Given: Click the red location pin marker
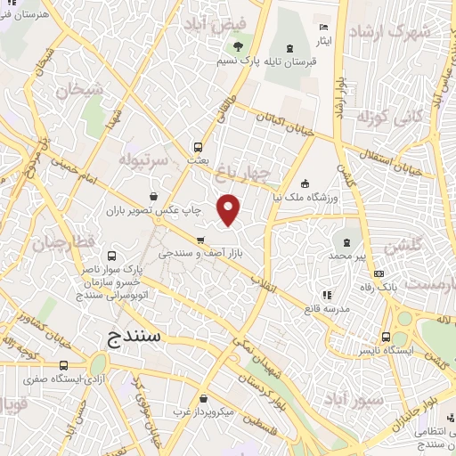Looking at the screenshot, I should [230, 210].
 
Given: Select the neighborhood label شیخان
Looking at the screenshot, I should [74, 91].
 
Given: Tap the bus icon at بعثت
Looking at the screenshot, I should [198, 147].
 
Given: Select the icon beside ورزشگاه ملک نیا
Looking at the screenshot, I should [305, 183].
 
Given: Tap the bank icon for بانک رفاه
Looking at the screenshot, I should [379, 273].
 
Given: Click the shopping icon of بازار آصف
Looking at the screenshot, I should [201, 240].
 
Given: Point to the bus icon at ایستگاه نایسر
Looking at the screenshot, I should [386, 337].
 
